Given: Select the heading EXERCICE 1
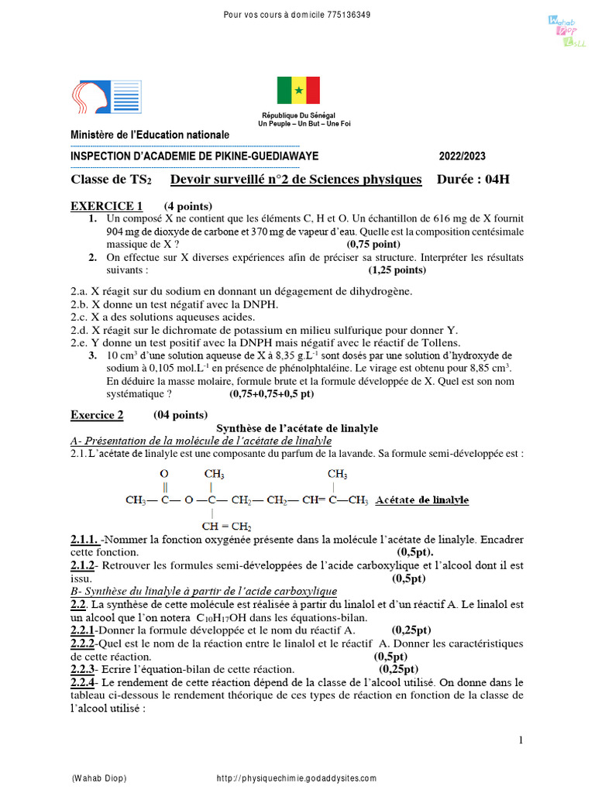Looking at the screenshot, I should [107, 206].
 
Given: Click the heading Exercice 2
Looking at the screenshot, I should [97, 415].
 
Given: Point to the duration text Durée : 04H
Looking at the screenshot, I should [473, 180].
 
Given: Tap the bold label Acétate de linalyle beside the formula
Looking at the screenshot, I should [421, 500].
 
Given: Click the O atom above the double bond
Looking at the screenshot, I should [164, 474].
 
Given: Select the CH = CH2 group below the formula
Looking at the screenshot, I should [225, 527].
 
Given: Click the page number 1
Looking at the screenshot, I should [521, 740].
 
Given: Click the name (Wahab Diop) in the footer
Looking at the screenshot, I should [98, 778].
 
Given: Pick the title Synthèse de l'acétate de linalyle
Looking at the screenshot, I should [297, 428].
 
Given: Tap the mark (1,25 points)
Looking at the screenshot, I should [397, 270].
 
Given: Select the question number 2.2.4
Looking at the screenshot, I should [83, 682].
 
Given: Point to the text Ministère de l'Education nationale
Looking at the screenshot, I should [150, 135].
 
